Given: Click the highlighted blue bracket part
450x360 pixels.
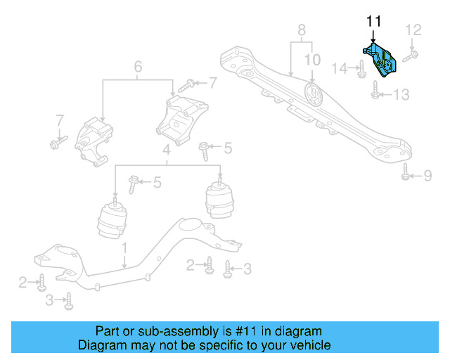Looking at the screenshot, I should click(380, 60).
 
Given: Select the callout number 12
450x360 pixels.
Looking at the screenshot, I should click(414, 30).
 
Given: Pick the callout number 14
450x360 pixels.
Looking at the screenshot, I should click(340, 68).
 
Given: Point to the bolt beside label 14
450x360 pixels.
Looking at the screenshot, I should click(360, 69).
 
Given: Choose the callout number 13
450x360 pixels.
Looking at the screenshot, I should click(400, 94).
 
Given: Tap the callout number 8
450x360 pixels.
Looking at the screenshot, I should click(302, 30).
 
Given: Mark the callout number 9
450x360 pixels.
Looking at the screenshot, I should click(427, 175).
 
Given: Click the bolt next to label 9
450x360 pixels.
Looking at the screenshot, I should click(406, 172).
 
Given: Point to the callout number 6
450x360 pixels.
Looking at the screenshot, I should click(138, 67).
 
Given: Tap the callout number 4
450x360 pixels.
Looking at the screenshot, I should click(166, 150).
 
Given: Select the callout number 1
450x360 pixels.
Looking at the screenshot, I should click(124, 248).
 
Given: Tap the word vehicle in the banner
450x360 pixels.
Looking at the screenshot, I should click(310, 345).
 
